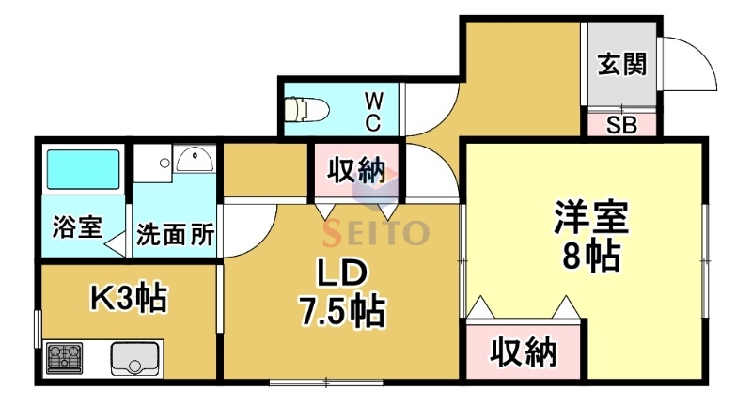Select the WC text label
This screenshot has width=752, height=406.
[372, 109]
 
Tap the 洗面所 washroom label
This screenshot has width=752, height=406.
[175, 234]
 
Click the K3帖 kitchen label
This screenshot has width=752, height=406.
[127, 298]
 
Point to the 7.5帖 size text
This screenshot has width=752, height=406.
[340, 312]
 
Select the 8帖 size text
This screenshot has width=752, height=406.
[589, 255]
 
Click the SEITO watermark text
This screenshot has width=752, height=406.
[376, 231]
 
